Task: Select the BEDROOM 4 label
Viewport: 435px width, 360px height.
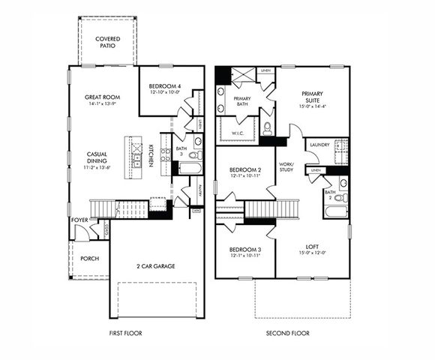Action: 163,84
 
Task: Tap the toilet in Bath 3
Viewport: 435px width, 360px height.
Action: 194,155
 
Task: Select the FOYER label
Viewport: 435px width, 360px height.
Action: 79,220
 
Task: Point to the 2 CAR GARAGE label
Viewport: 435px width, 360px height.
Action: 156,266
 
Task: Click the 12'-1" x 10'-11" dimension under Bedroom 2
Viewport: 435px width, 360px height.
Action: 244,177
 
